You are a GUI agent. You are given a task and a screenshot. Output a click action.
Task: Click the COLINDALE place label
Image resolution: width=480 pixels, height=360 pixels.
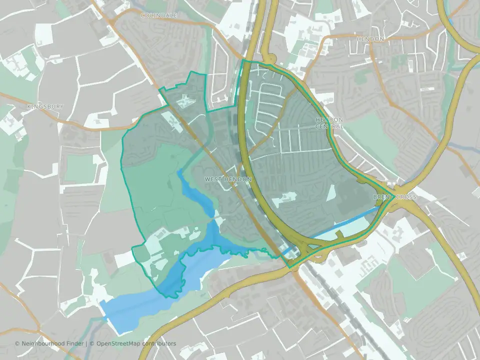point(159,16)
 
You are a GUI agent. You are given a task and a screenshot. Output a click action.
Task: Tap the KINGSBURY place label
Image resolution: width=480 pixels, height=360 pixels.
point(45,106)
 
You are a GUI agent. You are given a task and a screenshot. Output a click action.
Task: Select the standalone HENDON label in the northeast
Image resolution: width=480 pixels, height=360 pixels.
point(370,39)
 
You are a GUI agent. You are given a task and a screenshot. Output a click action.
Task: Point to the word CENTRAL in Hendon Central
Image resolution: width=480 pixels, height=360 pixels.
point(329,126)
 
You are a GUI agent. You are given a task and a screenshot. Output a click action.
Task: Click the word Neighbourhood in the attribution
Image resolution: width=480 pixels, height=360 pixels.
point(45,343)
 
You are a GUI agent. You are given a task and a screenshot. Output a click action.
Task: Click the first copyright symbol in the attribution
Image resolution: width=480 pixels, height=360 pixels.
point(17,343)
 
